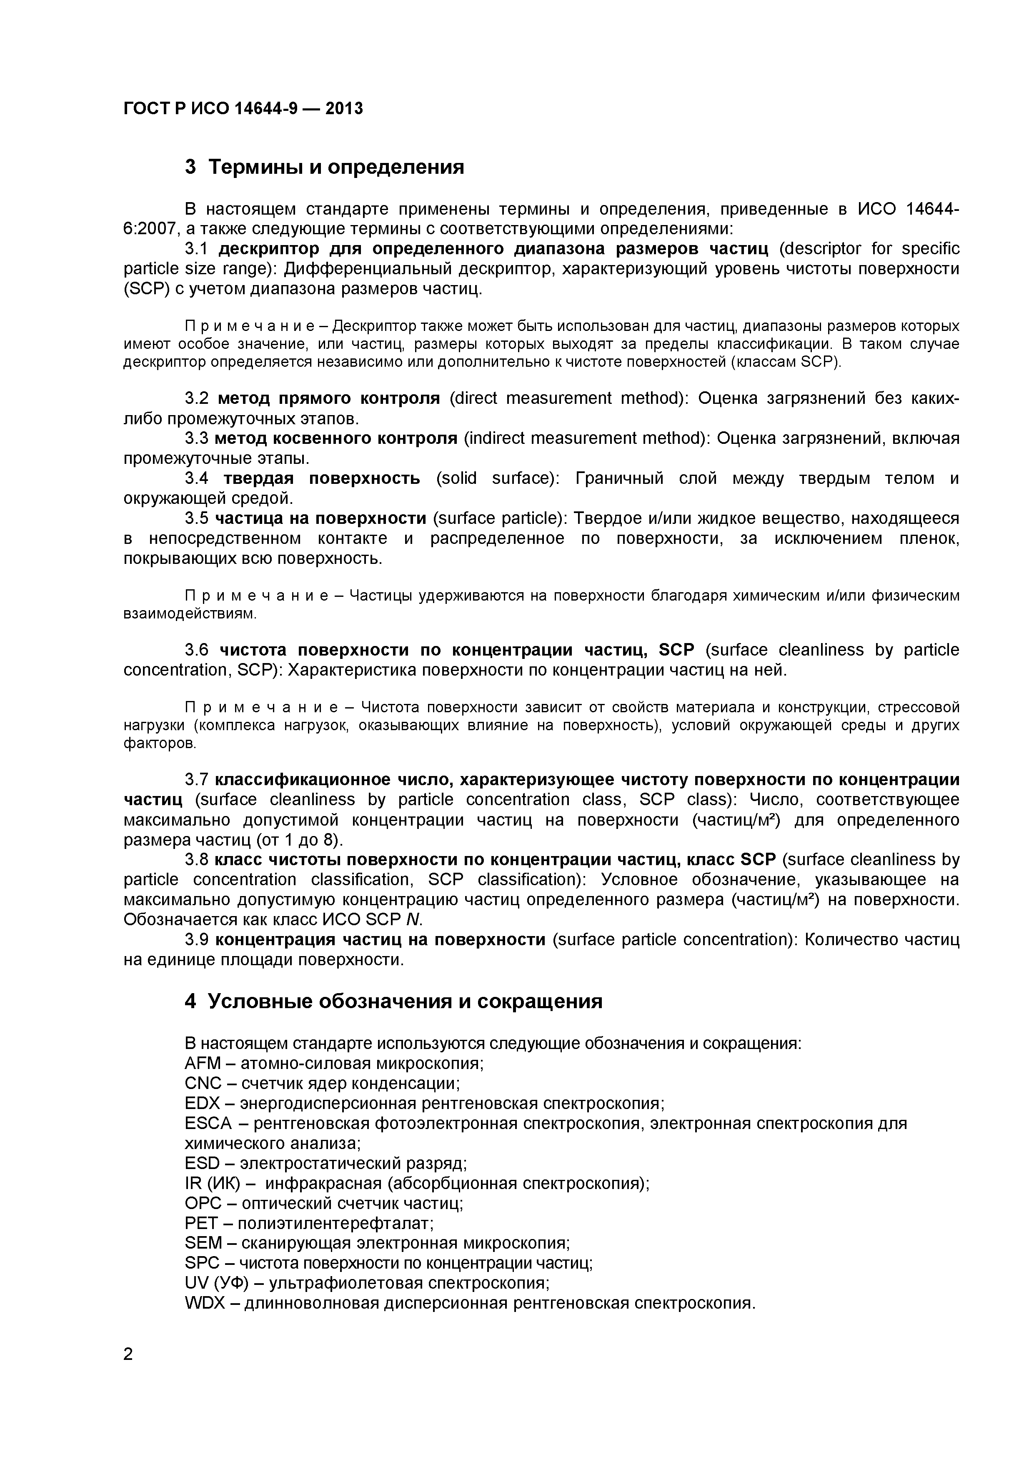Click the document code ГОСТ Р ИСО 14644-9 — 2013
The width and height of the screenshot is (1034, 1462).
(243, 109)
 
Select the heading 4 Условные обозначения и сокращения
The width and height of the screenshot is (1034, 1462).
(393, 1001)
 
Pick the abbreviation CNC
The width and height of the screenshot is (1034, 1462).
(203, 1083)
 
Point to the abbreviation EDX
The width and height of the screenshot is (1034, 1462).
(202, 1104)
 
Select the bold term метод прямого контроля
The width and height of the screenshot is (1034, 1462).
(328, 398)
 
